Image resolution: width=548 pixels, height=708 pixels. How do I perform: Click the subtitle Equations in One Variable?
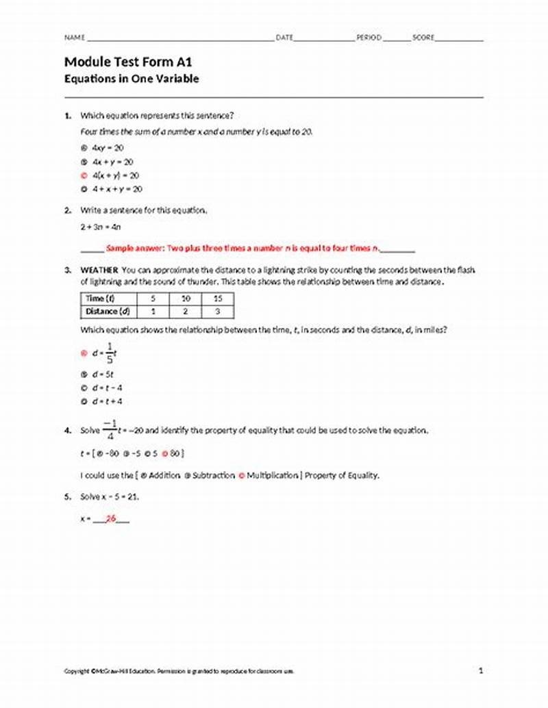[132, 79]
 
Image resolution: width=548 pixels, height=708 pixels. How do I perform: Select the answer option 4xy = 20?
[108, 148]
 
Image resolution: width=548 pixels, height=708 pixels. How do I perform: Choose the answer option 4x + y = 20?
[112, 162]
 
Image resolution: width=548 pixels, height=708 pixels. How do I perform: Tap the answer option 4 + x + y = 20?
[117, 190]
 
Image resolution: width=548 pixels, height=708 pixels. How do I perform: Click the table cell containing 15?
[217, 299]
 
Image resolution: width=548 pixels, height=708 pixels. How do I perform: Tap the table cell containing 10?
[185, 299]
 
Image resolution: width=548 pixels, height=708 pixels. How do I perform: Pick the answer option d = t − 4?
[107, 388]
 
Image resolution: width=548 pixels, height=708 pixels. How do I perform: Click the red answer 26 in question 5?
[110, 519]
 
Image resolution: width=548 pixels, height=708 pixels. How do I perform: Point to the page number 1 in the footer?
[481, 671]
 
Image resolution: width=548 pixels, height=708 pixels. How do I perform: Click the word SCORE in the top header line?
[423, 38]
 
